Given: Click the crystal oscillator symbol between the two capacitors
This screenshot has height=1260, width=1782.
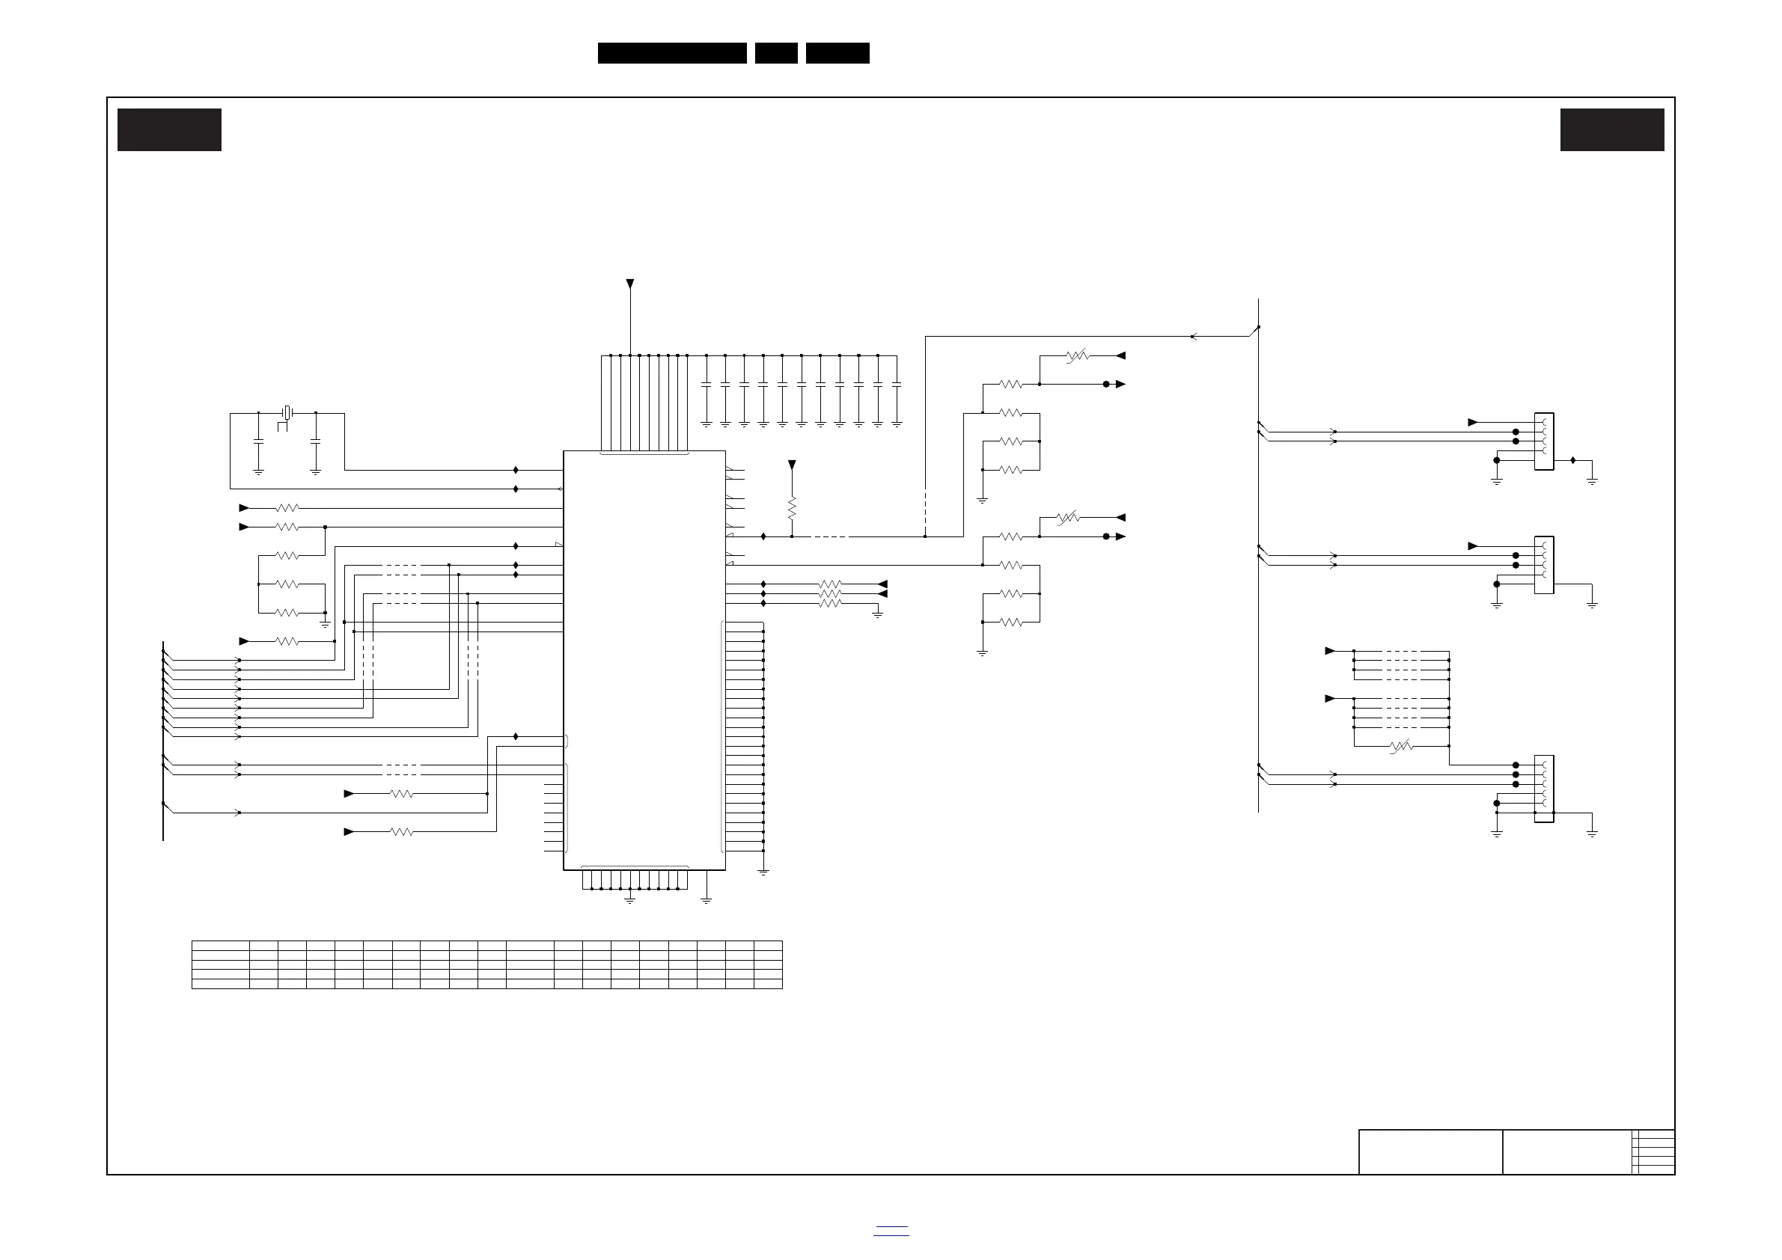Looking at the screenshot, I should point(287,413).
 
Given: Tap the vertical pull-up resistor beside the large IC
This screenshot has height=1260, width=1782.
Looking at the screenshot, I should point(792,508).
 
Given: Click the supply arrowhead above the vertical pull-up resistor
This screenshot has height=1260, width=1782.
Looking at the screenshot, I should point(792,465).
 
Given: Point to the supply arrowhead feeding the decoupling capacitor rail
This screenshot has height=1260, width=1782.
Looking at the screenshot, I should point(630,284).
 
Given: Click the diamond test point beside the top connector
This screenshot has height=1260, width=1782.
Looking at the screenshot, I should point(1573,460).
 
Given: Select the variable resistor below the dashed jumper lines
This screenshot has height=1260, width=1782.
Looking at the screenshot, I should point(1400,747).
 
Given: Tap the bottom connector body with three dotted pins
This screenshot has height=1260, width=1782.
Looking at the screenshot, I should point(1544,789).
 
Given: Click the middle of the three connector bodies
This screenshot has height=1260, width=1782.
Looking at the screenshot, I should point(1544,565).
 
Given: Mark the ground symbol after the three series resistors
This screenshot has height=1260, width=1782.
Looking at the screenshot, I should point(877,614).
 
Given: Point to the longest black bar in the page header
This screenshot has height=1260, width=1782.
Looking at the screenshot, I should point(672,53).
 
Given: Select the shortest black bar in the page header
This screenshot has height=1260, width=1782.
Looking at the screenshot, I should point(776,53).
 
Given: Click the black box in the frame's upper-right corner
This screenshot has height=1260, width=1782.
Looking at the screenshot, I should point(1612,129).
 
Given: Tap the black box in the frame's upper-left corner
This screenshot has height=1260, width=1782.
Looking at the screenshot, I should point(169,129).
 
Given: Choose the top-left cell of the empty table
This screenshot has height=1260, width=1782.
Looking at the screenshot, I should point(221,946).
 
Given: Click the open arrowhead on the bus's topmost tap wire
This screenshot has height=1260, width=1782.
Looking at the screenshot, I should point(1194,337).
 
